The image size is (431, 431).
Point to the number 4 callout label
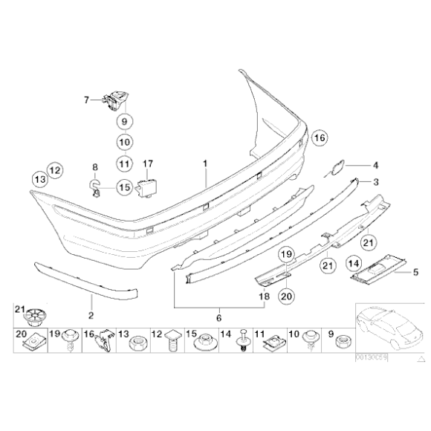tap(375, 165)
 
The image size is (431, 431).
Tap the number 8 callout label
tap(94, 167)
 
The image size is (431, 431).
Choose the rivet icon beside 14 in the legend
tap(243, 343)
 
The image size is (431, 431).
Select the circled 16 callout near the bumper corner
tap(319, 137)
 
